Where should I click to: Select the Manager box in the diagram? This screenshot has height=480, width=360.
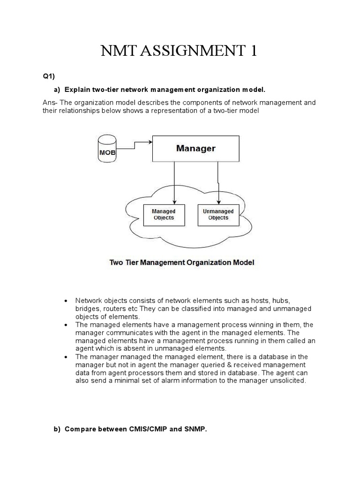(x=195, y=149)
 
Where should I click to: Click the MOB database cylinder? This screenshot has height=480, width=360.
(x=107, y=148)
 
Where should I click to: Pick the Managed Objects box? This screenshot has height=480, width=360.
(x=163, y=215)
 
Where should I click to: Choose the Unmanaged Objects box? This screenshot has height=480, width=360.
(x=218, y=215)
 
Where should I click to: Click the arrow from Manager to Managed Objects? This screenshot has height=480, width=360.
(x=174, y=183)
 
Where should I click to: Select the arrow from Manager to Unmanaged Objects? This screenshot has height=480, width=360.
(x=218, y=183)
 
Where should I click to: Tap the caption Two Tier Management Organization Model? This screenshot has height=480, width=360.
(x=182, y=262)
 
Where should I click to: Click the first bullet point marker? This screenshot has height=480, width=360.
(x=66, y=300)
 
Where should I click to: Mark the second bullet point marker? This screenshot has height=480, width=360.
(x=66, y=325)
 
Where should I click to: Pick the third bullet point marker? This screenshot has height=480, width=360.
(x=66, y=357)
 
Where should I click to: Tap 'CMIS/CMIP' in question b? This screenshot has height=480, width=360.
(x=146, y=429)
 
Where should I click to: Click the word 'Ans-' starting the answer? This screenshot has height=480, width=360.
(x=50, y=103)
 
